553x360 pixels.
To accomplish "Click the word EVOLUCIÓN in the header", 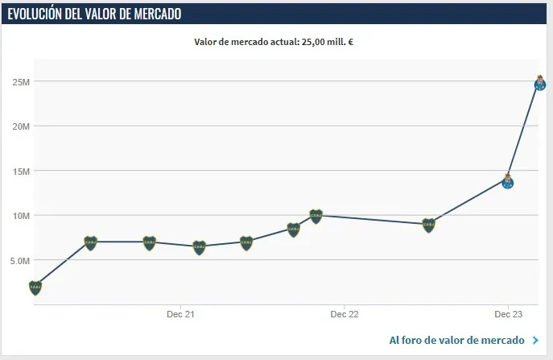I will pos(37,14).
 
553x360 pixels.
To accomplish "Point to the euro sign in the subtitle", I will pos(350,42).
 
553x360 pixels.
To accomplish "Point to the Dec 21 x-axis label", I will pos(183,314).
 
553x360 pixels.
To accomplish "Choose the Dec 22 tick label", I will pos(344,314).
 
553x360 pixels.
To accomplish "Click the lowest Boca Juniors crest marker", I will pos(35,288).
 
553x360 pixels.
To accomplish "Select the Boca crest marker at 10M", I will pos(316,216).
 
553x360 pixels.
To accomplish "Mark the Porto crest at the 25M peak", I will pos(540,83).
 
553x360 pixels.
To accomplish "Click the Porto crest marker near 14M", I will pos(508,181).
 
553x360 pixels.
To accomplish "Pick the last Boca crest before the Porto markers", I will pos(428,225).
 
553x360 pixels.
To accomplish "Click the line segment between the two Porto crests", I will pos(524,132).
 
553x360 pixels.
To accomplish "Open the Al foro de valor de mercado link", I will pos(457,341).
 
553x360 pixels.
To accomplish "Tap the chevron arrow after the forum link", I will pos(535,341).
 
